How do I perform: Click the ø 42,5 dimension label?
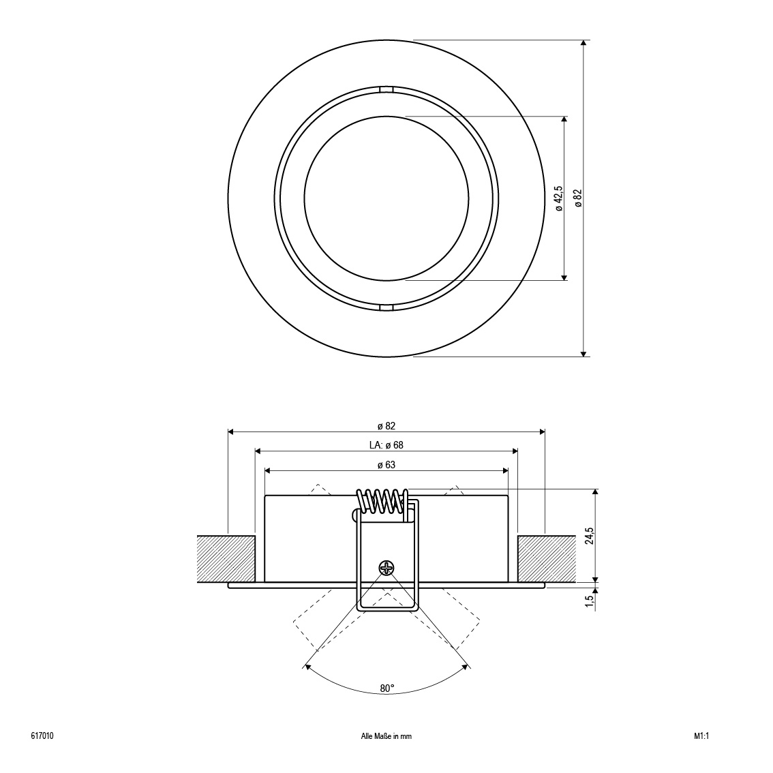point(559,198)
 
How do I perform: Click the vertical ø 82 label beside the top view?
point(578,198)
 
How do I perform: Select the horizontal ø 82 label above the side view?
point(386,426)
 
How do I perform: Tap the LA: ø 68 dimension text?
point(386,445)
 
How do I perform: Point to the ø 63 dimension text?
point(386,465)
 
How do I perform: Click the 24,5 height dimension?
point(590,536)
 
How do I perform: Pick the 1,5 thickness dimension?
point(590,601)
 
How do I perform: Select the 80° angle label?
point(387,688)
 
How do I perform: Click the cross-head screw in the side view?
point(386,568)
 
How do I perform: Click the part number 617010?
point(42,736)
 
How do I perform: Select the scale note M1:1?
point(701,736)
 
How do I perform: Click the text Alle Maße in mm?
point(386,736)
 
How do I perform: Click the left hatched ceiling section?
point(226,558)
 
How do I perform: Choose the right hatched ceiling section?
point(547,558)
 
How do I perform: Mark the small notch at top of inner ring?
point(386,89)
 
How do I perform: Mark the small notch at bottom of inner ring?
point(386,307)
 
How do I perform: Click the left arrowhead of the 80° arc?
point(307,667)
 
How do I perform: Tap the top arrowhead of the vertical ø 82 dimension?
point(583,44)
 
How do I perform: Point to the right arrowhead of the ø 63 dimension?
point(505,471)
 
